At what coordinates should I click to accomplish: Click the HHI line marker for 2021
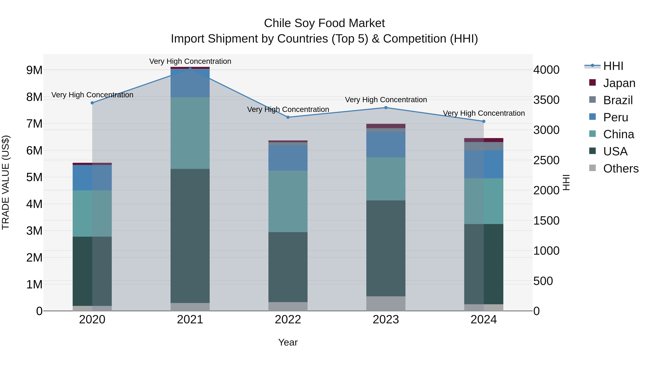pos(190,69)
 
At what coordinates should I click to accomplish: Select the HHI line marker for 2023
pos(386,108)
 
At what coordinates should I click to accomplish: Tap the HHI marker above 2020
pos(92,103)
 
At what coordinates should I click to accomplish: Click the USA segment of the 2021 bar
pos(190,236)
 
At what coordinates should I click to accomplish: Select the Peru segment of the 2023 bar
pos(386,145)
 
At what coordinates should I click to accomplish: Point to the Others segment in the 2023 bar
pos(386,303)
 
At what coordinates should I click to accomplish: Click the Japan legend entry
pos(619,83)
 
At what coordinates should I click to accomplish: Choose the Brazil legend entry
pos(618,100)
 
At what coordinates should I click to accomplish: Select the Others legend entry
pos(621,169)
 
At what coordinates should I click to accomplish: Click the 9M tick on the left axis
pos(34,70)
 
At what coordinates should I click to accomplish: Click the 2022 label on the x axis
pos(288,320)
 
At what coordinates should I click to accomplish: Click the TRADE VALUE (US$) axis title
pos(6,182)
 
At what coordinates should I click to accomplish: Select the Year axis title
pos(288,342)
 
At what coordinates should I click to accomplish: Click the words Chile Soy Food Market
pos(324,23)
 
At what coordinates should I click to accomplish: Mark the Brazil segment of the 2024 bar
pos(484,146)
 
